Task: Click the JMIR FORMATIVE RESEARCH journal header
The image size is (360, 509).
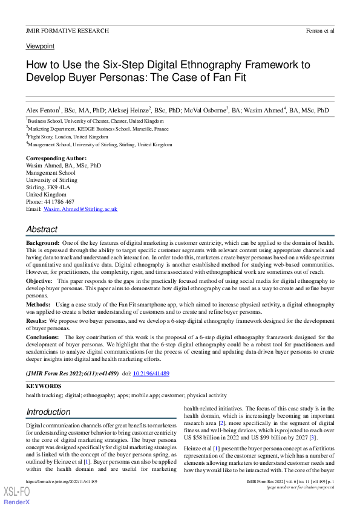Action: (x=67, y=30)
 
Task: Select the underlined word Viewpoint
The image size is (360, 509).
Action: (x=40, y=46)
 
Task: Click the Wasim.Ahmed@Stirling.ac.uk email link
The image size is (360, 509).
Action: (x=80, y=209)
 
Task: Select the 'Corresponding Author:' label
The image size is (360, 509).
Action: (x=56, y=158)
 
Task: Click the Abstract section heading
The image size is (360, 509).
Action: (x=42, y=230)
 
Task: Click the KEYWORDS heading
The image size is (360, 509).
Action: (x=44, y=386)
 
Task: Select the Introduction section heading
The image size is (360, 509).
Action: (x=48, y=412)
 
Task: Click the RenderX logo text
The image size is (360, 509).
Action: (x=16, y=502)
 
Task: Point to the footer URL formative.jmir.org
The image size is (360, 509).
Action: (x=61, y=481)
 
